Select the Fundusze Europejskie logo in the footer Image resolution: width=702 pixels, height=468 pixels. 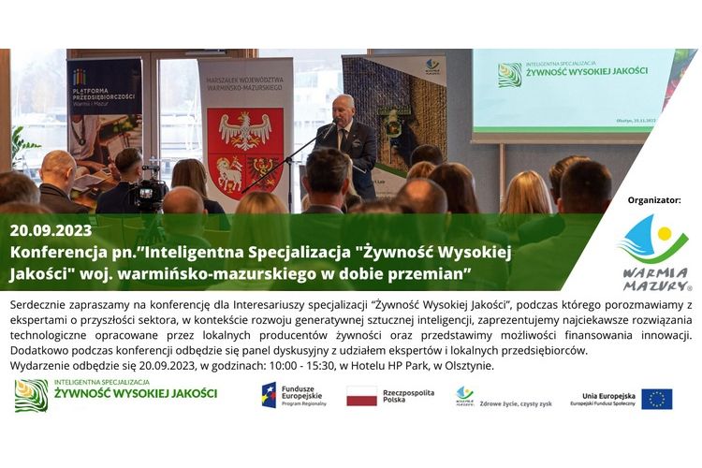[x=293, y=395]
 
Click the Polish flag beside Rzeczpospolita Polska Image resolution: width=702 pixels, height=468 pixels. [x=361, y=395]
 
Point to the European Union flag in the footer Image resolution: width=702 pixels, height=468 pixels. [x=657, y=399]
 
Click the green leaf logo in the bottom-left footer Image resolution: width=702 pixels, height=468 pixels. [x=31, y=395]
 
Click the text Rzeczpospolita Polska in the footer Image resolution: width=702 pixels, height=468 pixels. [x=408, y=395]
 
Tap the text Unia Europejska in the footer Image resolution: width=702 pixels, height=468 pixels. [x=607, y=395]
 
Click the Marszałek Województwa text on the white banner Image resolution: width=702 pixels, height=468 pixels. [x=245, y=85]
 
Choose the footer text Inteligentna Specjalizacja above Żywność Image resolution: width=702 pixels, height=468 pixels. [x=102, y=382]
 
